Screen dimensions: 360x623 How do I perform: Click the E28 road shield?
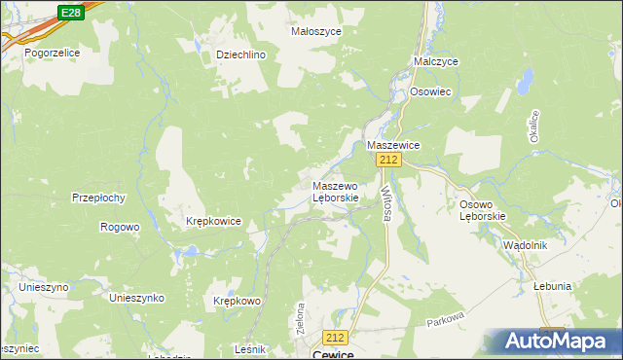(69, 12)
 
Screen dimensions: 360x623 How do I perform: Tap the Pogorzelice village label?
(52, 53)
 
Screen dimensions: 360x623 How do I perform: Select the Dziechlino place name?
(240, 55)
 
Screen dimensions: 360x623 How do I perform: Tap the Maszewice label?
(392, 144)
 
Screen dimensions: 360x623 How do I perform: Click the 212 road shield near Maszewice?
(389, 160)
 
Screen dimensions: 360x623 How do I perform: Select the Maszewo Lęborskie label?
(336, 191)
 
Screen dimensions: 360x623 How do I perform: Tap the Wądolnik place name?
(526, 245)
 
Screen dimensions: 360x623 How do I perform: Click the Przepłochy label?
(98, 198)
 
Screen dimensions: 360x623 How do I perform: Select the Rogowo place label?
(120, 227)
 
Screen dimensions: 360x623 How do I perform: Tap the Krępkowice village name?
(213, 222)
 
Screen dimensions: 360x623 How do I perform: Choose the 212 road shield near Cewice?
(336, 337)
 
